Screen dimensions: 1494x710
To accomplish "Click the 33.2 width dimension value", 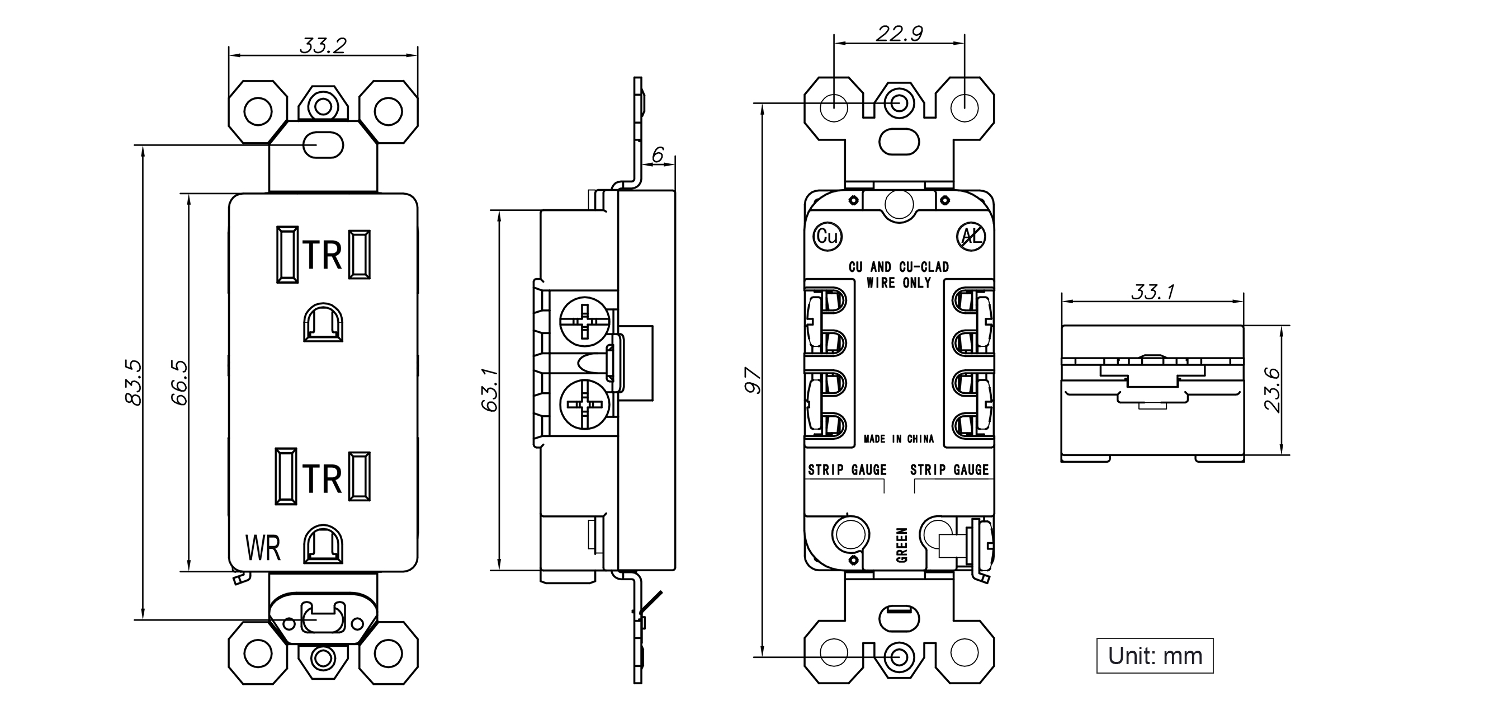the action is click(x=323, y=45).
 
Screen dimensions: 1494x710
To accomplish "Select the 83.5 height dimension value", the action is click(x=133, y=382).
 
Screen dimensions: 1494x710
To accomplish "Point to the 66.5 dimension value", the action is click(x=179, y=382).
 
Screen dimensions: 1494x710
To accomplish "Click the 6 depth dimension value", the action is click(x=658, y=154).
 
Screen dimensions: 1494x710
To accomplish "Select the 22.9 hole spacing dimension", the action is click(x=899, y=34).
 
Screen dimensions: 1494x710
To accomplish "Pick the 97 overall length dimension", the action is click(x=753, y=381).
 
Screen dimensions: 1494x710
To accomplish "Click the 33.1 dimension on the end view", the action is click(x=1153, y=292).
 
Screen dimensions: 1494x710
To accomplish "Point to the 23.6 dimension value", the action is click(x=1272, y=389).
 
